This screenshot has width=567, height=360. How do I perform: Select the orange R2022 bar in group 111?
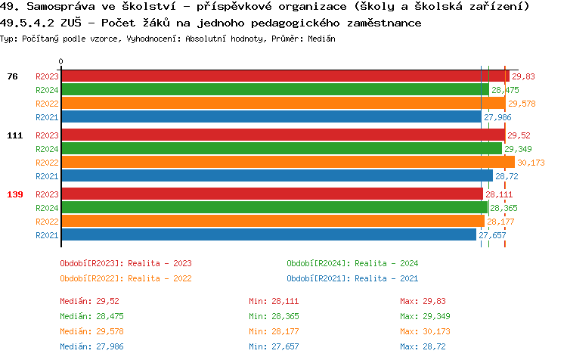(287, 163)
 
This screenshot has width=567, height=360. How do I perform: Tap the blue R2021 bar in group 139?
(268, 235)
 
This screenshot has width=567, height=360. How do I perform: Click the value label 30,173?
(531, 163)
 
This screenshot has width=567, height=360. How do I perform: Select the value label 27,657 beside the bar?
(492, 235)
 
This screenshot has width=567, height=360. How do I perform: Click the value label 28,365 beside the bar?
(503, 208)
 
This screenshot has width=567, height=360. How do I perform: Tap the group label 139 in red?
(15, 194)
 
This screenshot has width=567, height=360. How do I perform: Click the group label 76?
(12, 76)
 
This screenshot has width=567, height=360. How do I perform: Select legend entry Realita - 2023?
(125, 263)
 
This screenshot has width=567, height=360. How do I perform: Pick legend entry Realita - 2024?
(352, 263)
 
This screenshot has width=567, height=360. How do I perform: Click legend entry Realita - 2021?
(352, 278)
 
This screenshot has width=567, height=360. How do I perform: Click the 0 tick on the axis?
(61, 62)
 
